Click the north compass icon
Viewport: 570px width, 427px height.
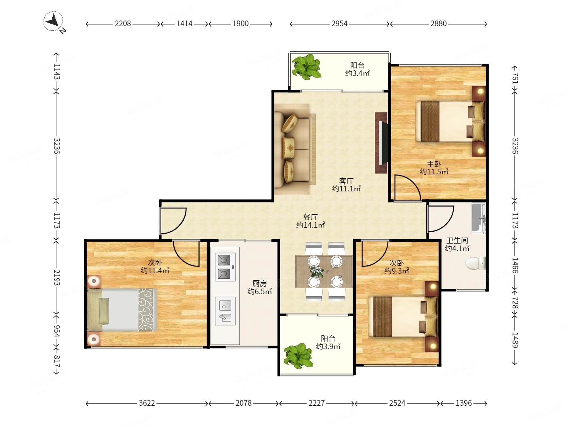pos(53,21)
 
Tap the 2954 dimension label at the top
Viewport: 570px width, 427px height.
pos(339,24)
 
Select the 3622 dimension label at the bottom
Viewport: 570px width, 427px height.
pos(147,403)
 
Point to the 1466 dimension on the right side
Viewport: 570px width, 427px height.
pos(515,265)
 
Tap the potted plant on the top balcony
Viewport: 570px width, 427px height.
pos(306,66)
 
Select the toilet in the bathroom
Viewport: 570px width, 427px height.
pos(475,263)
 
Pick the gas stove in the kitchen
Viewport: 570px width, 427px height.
pos(225,267)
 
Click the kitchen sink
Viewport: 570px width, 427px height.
pos(225,311)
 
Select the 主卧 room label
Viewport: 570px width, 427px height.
pos(434,164)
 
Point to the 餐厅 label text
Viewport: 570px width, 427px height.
pos(311,217)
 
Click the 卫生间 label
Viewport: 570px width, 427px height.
pos(457,240)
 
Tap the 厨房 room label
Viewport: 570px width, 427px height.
pos(259,283)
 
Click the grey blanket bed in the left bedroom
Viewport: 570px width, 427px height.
pos(122,310)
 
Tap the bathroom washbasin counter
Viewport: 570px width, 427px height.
pos(478,218)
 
